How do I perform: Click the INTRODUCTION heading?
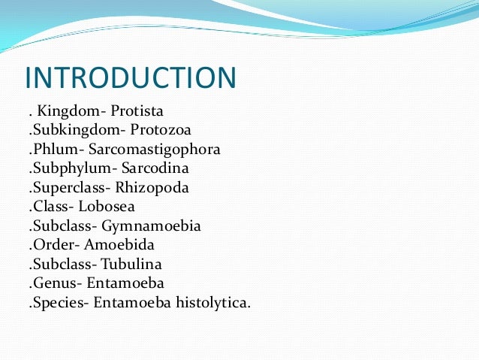(130, 79)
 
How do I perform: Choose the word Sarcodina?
(155, 167)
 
